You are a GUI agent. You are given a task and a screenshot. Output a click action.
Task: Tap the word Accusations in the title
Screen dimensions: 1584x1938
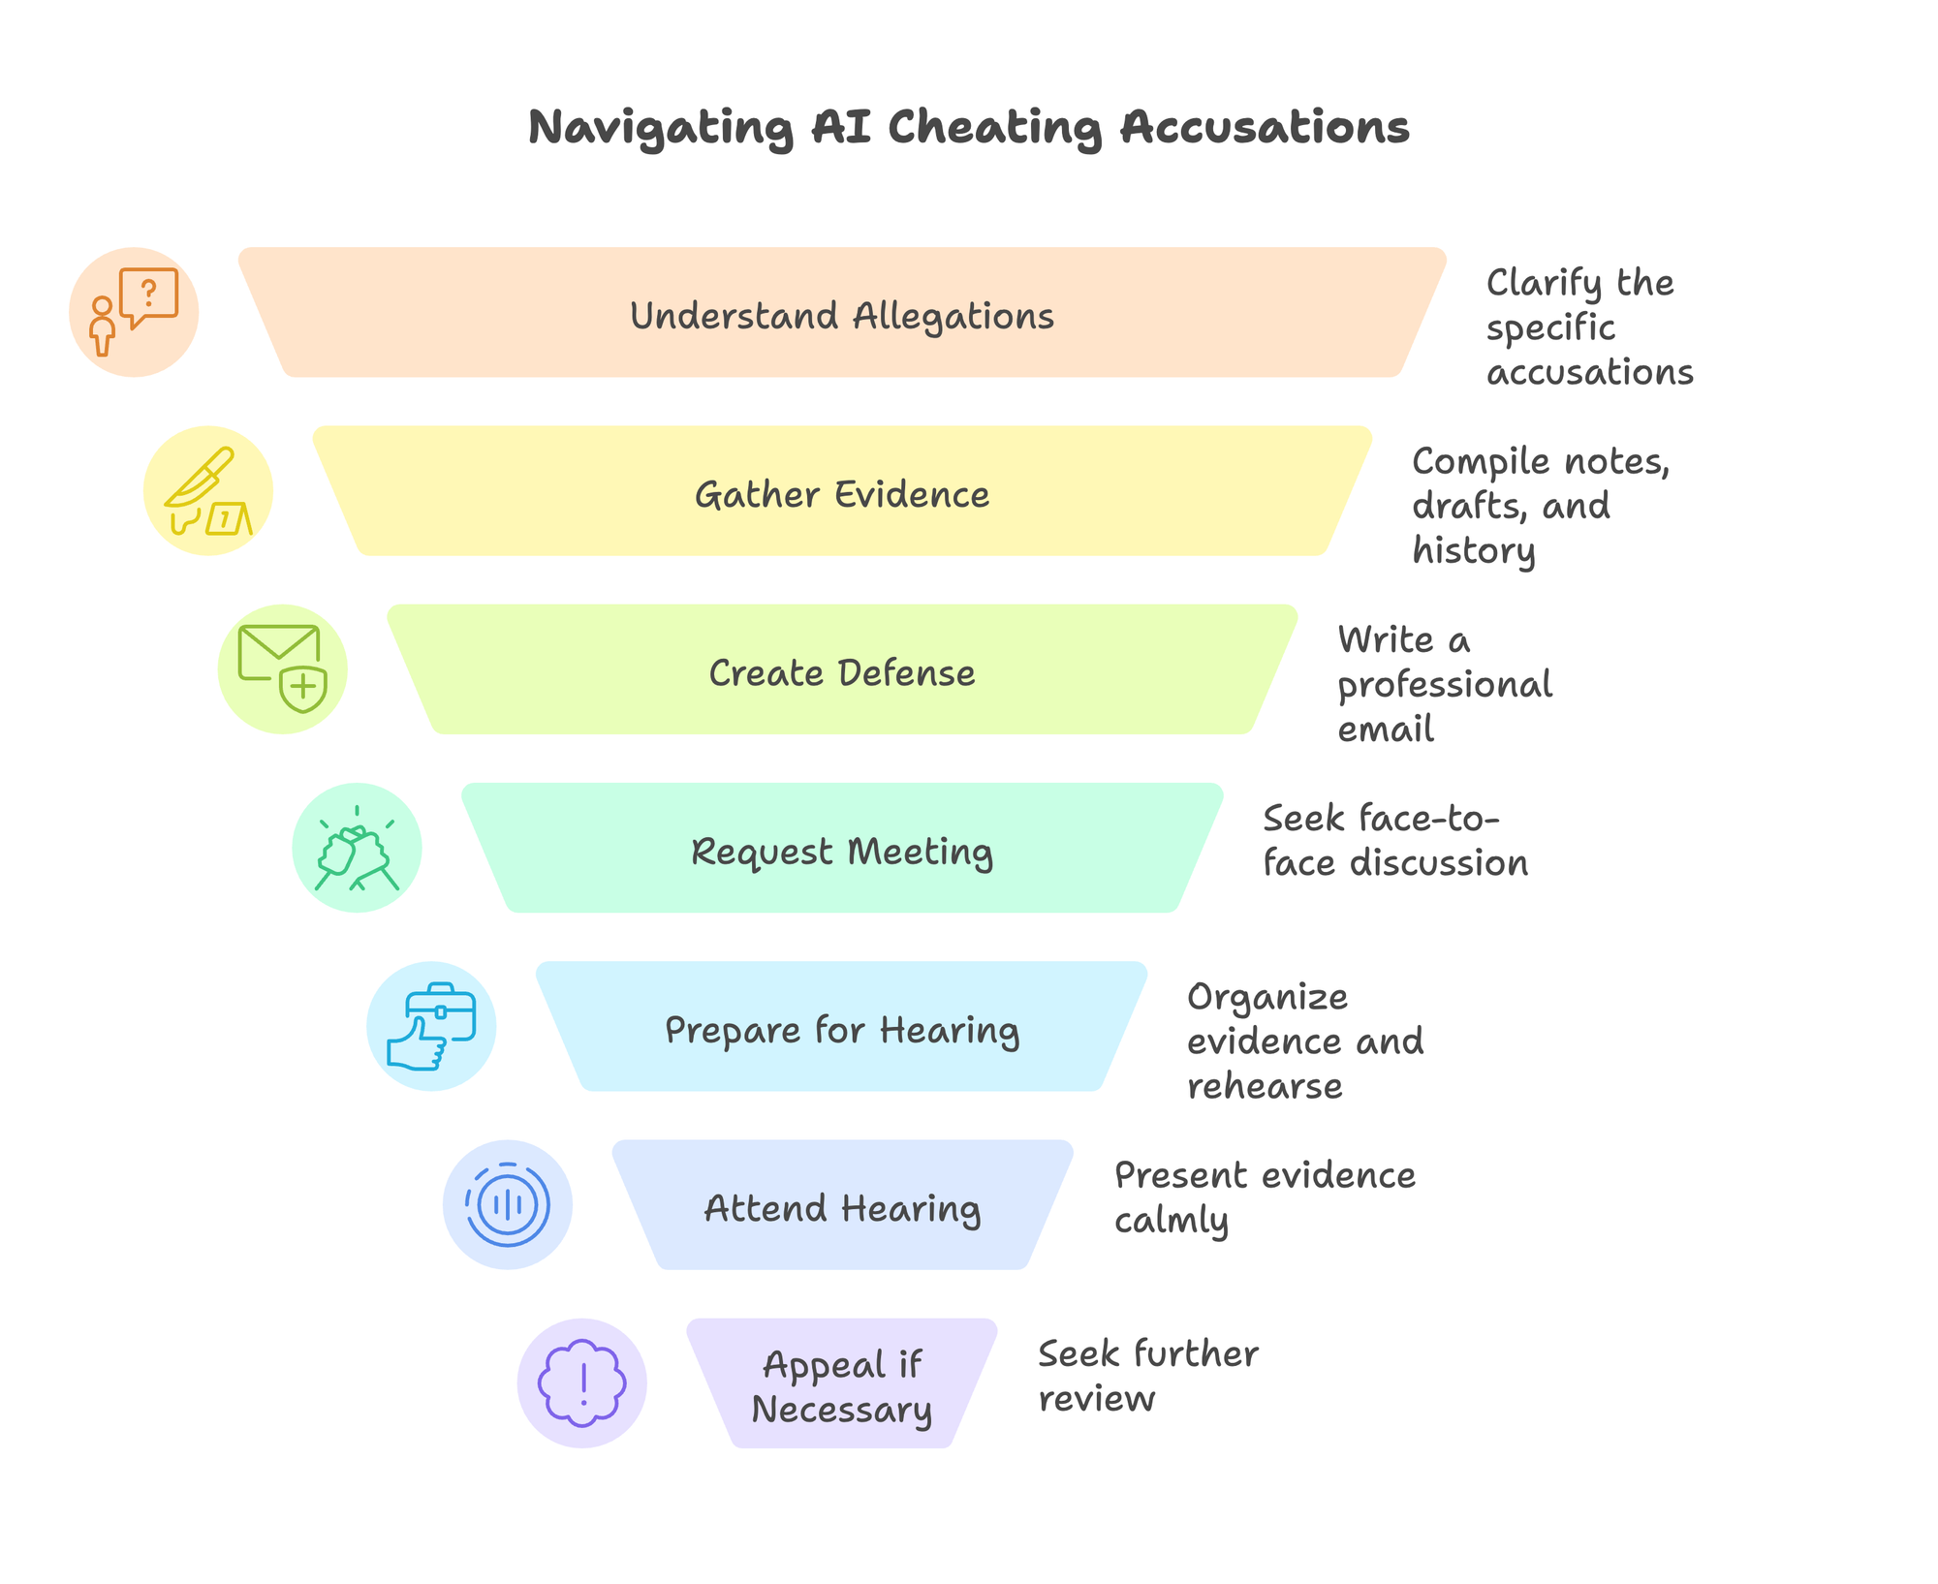point(1265,127)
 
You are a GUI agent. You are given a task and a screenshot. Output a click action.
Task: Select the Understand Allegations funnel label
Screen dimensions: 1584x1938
point(841,316)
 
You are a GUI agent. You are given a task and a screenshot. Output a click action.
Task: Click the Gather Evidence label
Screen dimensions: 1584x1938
point(841,494)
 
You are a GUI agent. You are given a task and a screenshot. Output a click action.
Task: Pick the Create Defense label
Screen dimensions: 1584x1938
point(841,672)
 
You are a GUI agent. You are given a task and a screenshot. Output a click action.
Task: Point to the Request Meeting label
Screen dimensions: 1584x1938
point(841,852)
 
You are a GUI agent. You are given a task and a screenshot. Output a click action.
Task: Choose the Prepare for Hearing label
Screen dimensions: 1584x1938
point(841,1030)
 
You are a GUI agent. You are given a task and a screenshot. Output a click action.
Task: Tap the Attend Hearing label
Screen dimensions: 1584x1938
point(841,1208)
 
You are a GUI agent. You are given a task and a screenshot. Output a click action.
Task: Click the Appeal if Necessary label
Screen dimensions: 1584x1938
point(841,1386)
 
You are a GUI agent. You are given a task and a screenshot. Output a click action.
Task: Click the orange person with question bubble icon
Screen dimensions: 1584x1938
point(134,312)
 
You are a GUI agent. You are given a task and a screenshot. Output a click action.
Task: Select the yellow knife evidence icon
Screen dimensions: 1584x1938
point(207,491)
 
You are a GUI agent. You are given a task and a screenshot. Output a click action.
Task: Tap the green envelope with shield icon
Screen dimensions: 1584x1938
point(282,669)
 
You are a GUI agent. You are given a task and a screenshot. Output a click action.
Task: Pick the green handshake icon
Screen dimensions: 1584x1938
point(357,848)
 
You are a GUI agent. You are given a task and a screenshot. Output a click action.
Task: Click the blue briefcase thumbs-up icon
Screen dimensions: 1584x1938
point(431,1026)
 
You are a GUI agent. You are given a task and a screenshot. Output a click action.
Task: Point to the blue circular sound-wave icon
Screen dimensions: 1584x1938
point(507,1204)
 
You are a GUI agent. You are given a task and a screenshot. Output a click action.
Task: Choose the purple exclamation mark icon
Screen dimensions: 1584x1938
point(581,1382)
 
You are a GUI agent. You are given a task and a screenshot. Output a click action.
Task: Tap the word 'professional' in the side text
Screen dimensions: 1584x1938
point(1444,685)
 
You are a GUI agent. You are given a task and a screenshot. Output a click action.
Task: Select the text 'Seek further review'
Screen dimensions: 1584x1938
point(1147,1376)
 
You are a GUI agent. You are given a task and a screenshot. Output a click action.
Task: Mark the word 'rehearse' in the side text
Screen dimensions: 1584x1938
point(1265,1086)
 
